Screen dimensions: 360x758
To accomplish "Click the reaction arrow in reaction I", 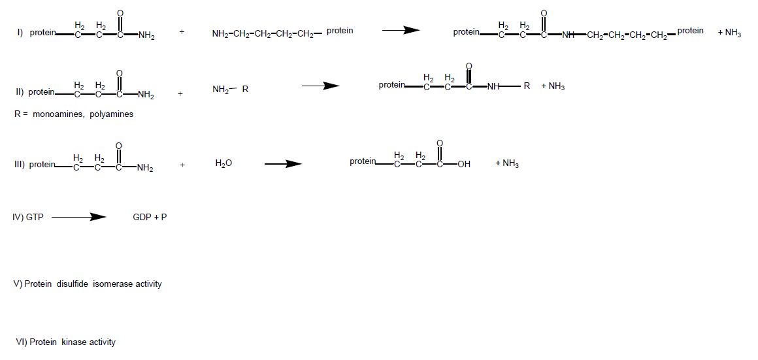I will coord(401,31).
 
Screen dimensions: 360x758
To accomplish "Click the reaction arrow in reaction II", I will coord(321,86).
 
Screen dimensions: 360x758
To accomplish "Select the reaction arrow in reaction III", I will coord(283,164).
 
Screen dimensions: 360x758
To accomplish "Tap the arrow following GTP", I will coord(78,217).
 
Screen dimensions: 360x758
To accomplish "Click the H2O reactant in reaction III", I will coord(223,163).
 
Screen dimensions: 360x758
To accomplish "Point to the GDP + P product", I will coord(150,217).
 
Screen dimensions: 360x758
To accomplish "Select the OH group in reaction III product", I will coord(463,165).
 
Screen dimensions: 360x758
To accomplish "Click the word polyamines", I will coord(112,114).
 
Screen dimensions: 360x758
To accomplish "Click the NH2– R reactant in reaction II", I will coord(230,89).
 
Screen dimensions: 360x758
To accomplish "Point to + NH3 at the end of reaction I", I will coord(729,33).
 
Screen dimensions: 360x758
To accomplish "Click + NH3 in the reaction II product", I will coord(553,87).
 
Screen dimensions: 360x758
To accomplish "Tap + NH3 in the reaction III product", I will coord(506,163).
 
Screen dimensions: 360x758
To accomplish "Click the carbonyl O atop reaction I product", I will coord(544,13).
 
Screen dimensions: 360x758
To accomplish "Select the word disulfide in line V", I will coord(71,284).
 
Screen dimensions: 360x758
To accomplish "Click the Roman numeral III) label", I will coord(19,165).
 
